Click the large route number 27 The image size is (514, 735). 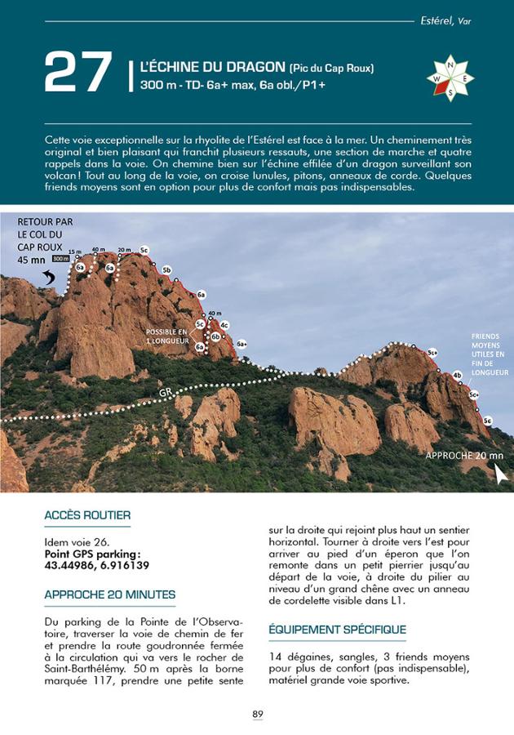(x=78, y=72)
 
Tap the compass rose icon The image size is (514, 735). (x=450, y=78)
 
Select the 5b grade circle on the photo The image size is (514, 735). (x=166, y=269)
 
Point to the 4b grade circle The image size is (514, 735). (x=457, y=375)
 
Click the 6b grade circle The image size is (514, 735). (x=215, y=336)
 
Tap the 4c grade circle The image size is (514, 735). (x=224, y=325)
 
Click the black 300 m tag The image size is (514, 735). (x=60, y=258)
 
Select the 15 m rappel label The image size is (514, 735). (x=75, y=251)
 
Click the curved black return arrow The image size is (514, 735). (x=50, y=279)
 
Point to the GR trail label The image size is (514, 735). (x=166, y=392)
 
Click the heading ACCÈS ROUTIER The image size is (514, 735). (x=87, y=515)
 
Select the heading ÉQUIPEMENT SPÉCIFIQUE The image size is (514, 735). (x=337, y=630)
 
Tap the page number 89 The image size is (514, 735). (x=257, y=714)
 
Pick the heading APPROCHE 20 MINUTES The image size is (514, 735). (x=110, y=595)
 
